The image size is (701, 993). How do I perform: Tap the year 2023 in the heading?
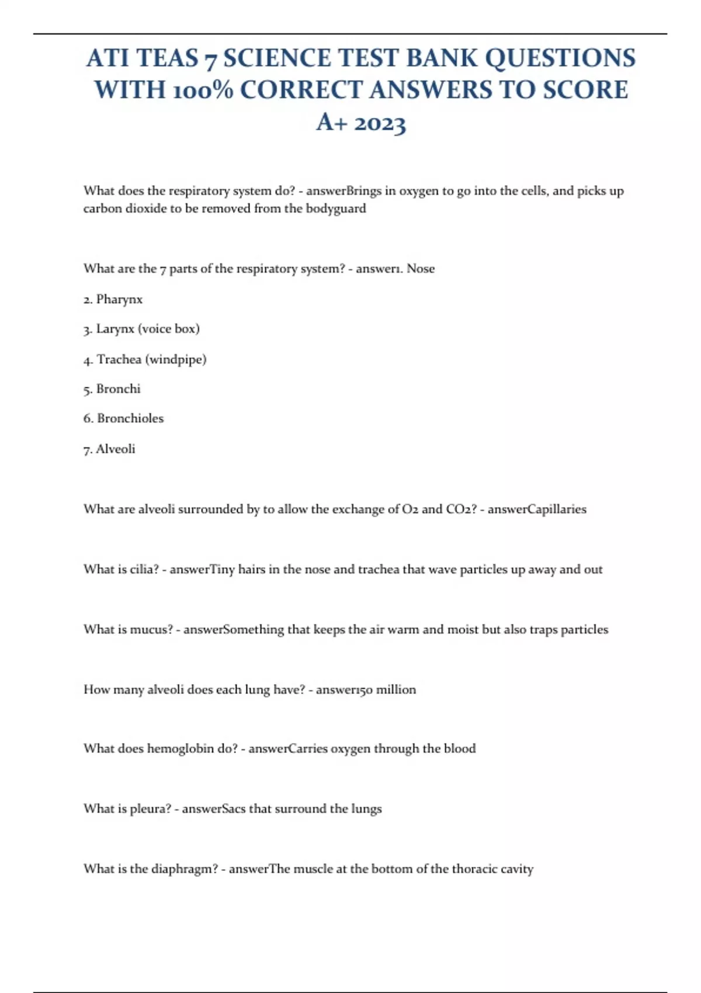coord(380,123)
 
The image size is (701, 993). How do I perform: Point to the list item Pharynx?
coord(119,299)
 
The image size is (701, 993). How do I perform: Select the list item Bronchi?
coord(118,389)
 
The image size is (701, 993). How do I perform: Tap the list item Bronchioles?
coord(130,418)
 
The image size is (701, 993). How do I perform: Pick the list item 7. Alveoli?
coord(109,449)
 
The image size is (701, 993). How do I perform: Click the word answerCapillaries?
coord(537,509)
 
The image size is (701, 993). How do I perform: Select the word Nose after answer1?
coord(421,269)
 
